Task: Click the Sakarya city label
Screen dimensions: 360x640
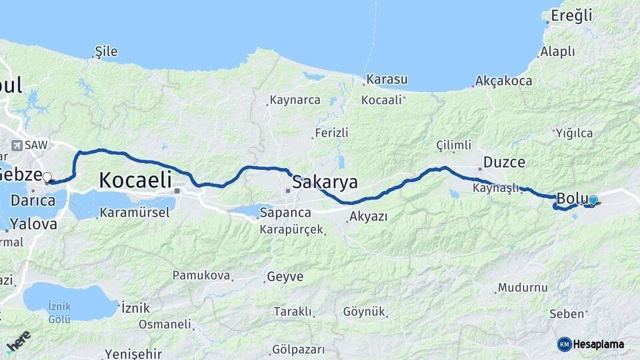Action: pos(325,182)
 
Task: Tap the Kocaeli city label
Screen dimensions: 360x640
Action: pos(135,180)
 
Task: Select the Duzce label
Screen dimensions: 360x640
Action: pos(504,162)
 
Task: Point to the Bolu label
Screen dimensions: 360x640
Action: pos(571,199)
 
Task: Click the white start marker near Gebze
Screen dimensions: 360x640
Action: pos(47,177)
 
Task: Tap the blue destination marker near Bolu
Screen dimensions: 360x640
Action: pos(593,200)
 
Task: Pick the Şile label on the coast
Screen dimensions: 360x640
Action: pos(107,51)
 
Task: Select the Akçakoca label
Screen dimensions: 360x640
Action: pos(503,81)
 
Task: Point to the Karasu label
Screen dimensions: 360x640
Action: pos(387,79)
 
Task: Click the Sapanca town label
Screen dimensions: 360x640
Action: pos(285,213)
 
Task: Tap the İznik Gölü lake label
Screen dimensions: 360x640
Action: pos(59,313)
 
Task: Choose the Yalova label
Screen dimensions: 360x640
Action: pos(33,224)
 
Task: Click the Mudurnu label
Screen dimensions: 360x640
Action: pos(523,288)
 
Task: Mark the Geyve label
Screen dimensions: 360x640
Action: pos(285,276)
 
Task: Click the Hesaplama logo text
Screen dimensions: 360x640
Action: pos(598,344)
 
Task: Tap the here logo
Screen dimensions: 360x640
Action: pos(19,343)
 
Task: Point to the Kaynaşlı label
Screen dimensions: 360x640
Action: pos(495,188)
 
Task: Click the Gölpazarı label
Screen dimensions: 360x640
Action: pos(298,349)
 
